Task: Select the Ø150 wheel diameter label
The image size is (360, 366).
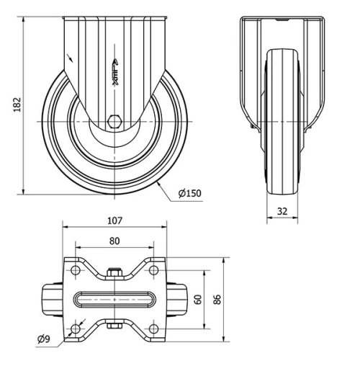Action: pos(189,192)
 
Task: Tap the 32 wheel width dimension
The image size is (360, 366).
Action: pos(282,212)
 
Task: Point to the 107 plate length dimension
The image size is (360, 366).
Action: pos(115,221)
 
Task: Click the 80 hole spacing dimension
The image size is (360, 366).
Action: pos(115,241)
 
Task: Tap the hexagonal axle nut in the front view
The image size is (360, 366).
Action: pos(114,122)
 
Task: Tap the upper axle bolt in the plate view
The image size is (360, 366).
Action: pos(114,273)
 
